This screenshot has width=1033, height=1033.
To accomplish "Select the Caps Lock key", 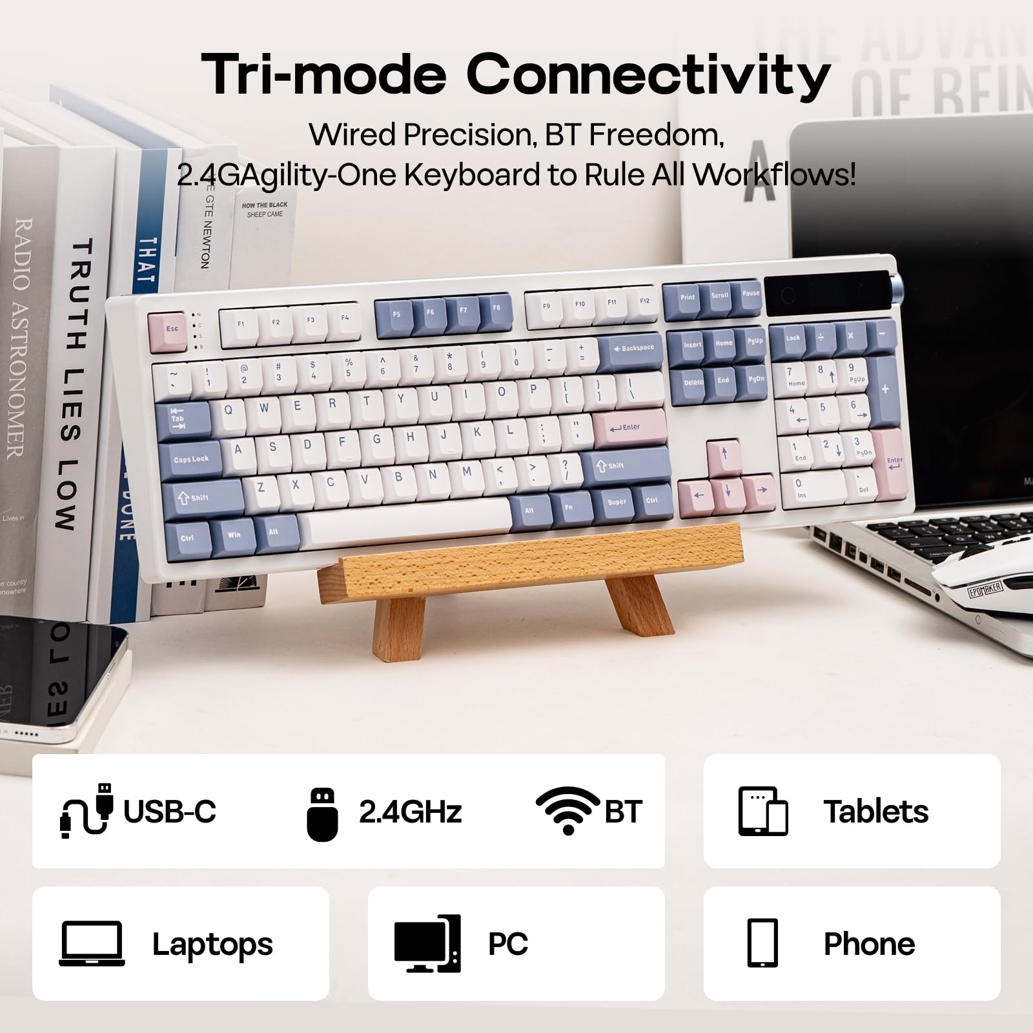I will (190, 459).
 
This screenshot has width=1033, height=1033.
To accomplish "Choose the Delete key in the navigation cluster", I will (693, 382).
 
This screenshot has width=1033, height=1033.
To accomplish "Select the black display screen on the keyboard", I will (826, 294).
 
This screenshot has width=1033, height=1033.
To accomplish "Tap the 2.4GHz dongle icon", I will (322, 813).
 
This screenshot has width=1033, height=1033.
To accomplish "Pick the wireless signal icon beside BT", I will (568, 810).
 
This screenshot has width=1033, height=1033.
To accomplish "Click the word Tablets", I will (875, 812).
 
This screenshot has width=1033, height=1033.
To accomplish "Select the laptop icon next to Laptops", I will (92, 943).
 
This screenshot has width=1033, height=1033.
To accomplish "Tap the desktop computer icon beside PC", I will (427, 943).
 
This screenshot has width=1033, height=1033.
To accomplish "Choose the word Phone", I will (869, 944).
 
